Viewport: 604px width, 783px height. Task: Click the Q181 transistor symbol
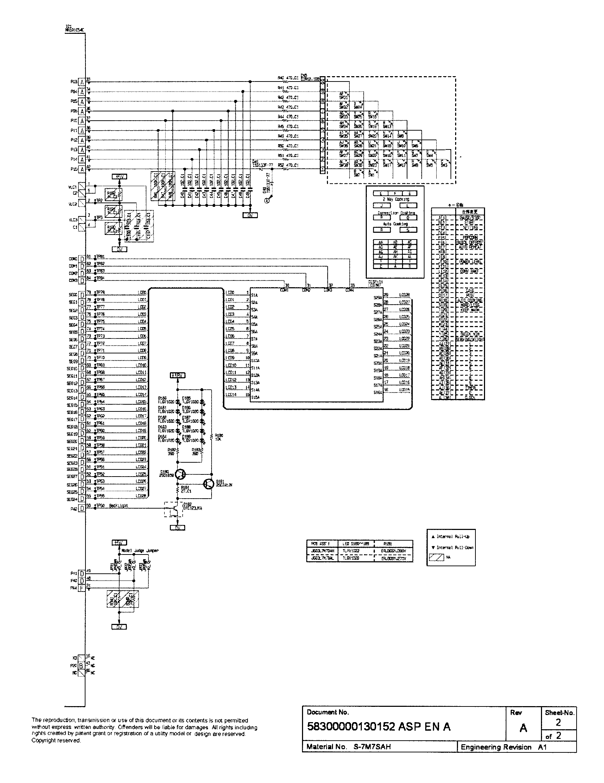click(x=208, y=484)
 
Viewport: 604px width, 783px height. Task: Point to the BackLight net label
click(x=118, y=505)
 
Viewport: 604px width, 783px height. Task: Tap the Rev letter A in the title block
click(x=523, y=728)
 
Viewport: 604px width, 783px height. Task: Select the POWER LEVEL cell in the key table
click(x=470, y=262)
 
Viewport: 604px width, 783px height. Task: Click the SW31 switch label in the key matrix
click(x=343, y=97)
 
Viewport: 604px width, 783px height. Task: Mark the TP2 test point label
click(x=99, y=200)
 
